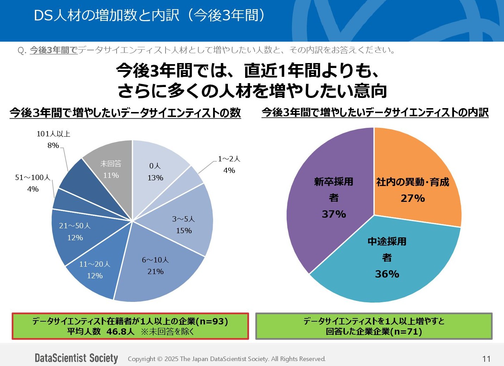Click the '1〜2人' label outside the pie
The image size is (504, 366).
229,159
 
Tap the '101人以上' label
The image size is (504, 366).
54,134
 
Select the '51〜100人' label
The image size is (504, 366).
33,178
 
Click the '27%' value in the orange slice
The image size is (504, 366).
412,198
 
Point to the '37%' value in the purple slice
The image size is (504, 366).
334,214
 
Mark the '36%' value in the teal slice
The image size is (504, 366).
387,274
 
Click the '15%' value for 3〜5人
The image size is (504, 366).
184,231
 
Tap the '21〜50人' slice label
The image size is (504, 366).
75,226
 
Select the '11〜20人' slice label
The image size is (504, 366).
95,264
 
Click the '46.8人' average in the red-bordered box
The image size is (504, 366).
120,331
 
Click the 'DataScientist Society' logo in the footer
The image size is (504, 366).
76,358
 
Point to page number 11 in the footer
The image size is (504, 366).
486,359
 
